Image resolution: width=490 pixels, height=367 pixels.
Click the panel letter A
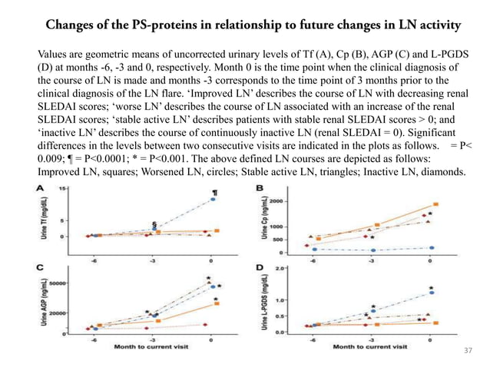click(x=37, y=187)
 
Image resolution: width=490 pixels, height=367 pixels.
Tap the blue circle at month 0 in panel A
click(x=213, y=200)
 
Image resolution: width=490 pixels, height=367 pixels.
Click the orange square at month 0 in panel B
click(x=435, y=205)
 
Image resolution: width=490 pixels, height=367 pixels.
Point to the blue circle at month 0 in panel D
click(x=432, y=293)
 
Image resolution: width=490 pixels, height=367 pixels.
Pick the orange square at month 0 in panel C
click(x=217, y=303)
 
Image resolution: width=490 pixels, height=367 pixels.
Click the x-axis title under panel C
click(x=151, y=347)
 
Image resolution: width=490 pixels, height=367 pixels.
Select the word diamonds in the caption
click(x=436, y=173)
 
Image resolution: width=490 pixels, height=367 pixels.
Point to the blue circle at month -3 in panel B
click(x=372, y=250)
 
